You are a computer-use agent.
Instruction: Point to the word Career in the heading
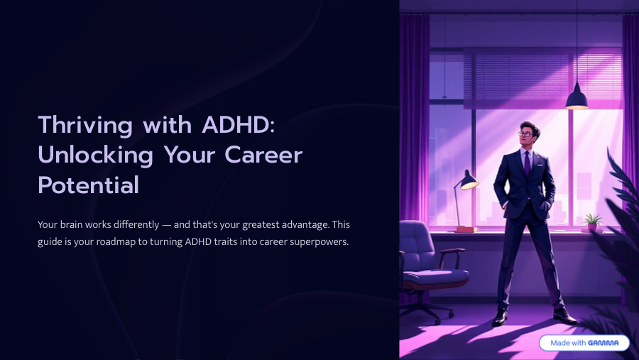click(x=263, y=155)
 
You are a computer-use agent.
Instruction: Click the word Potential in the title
click(x=88, y=185)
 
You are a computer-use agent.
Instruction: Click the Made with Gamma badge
click(x=584, y=342)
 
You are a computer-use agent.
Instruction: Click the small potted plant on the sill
click(x=591, y=221)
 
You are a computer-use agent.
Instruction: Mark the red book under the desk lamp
click(x=467, y=229)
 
